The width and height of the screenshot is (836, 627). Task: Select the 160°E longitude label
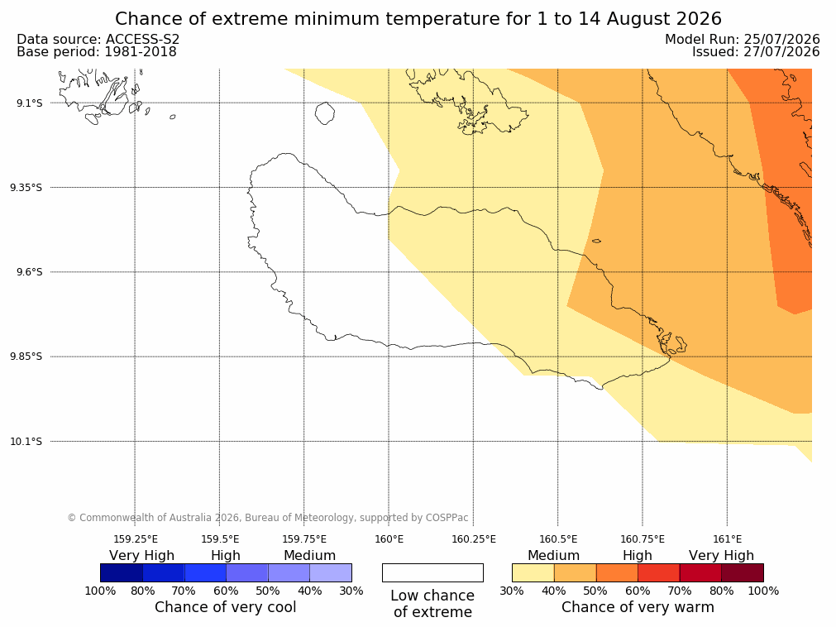389,539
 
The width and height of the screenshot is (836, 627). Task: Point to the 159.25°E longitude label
136,539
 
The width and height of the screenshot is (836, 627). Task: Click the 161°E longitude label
727,539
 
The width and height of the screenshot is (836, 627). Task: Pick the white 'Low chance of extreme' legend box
433,572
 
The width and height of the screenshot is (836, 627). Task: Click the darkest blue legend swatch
122,572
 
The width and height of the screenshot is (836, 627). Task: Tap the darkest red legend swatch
743,572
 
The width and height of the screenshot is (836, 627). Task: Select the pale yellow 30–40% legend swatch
533,572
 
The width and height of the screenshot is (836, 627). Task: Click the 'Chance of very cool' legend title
226,607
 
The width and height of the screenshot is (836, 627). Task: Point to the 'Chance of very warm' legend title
638,607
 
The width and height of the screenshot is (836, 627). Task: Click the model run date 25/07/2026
781,40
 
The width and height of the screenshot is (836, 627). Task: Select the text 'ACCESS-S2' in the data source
142,40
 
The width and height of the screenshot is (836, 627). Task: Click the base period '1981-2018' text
141,52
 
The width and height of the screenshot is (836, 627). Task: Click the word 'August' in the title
638,19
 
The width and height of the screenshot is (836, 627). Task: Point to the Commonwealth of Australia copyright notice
268,518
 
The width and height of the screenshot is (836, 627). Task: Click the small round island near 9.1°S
325,113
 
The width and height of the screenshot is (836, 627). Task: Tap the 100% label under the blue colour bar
100,591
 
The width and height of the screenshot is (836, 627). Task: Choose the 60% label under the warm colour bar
638,591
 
